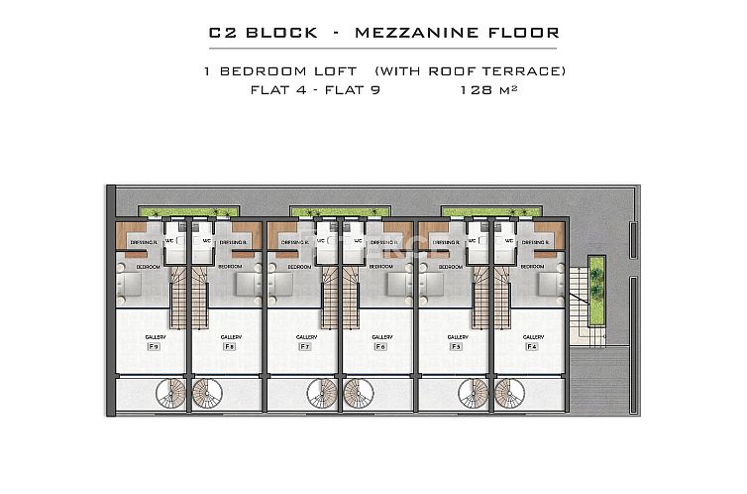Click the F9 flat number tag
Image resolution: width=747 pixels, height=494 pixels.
pyautogui.click(x=154, y=347)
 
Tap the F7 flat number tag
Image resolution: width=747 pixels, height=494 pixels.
pyautogui.click(x=305, y=347)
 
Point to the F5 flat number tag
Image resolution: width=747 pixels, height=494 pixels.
pyautogui.click(x=456, y=347)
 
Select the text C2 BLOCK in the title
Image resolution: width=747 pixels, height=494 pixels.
pyautogui.click(x=263, y=33)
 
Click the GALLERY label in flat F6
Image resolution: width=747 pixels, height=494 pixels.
pyautogui.click(x=381, y=337)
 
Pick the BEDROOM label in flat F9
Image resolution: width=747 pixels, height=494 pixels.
pyautogui.click(x=148, y=267)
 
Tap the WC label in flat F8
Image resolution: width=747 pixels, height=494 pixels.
pyautogui.click(x=207, y=240)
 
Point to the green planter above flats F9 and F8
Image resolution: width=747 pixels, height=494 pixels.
pyautogui.click(x=189, y=211)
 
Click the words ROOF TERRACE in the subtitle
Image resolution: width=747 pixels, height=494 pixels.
pyautogui.click(x=514, y=71)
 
